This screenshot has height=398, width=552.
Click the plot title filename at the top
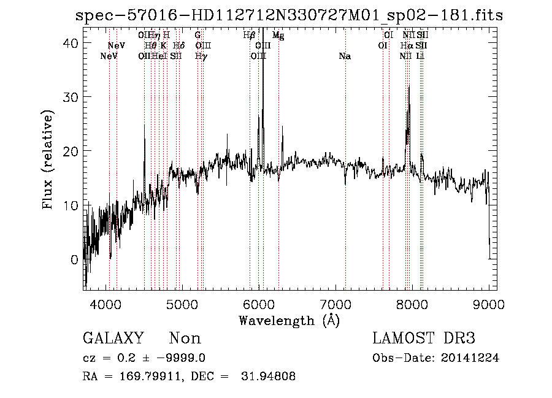(288, 15)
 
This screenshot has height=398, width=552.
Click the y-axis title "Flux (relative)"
(48, 159)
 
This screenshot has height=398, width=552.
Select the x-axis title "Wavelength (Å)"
(288, 320)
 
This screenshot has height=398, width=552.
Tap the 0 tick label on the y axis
(74, 259)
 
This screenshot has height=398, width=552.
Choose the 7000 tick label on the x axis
(335, 304)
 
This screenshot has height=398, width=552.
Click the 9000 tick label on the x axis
(489, 304)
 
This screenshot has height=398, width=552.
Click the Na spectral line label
(345, 56)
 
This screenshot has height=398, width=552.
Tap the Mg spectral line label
(278, 36)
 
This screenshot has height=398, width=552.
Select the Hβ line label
(248, 36)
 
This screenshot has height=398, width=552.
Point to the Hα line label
(406, 46)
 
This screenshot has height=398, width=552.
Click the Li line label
(420, 56)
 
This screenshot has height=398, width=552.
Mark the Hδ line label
(178, 46)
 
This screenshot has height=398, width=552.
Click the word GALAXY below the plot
(113, 339)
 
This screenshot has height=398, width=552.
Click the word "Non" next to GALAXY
(185, 339)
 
